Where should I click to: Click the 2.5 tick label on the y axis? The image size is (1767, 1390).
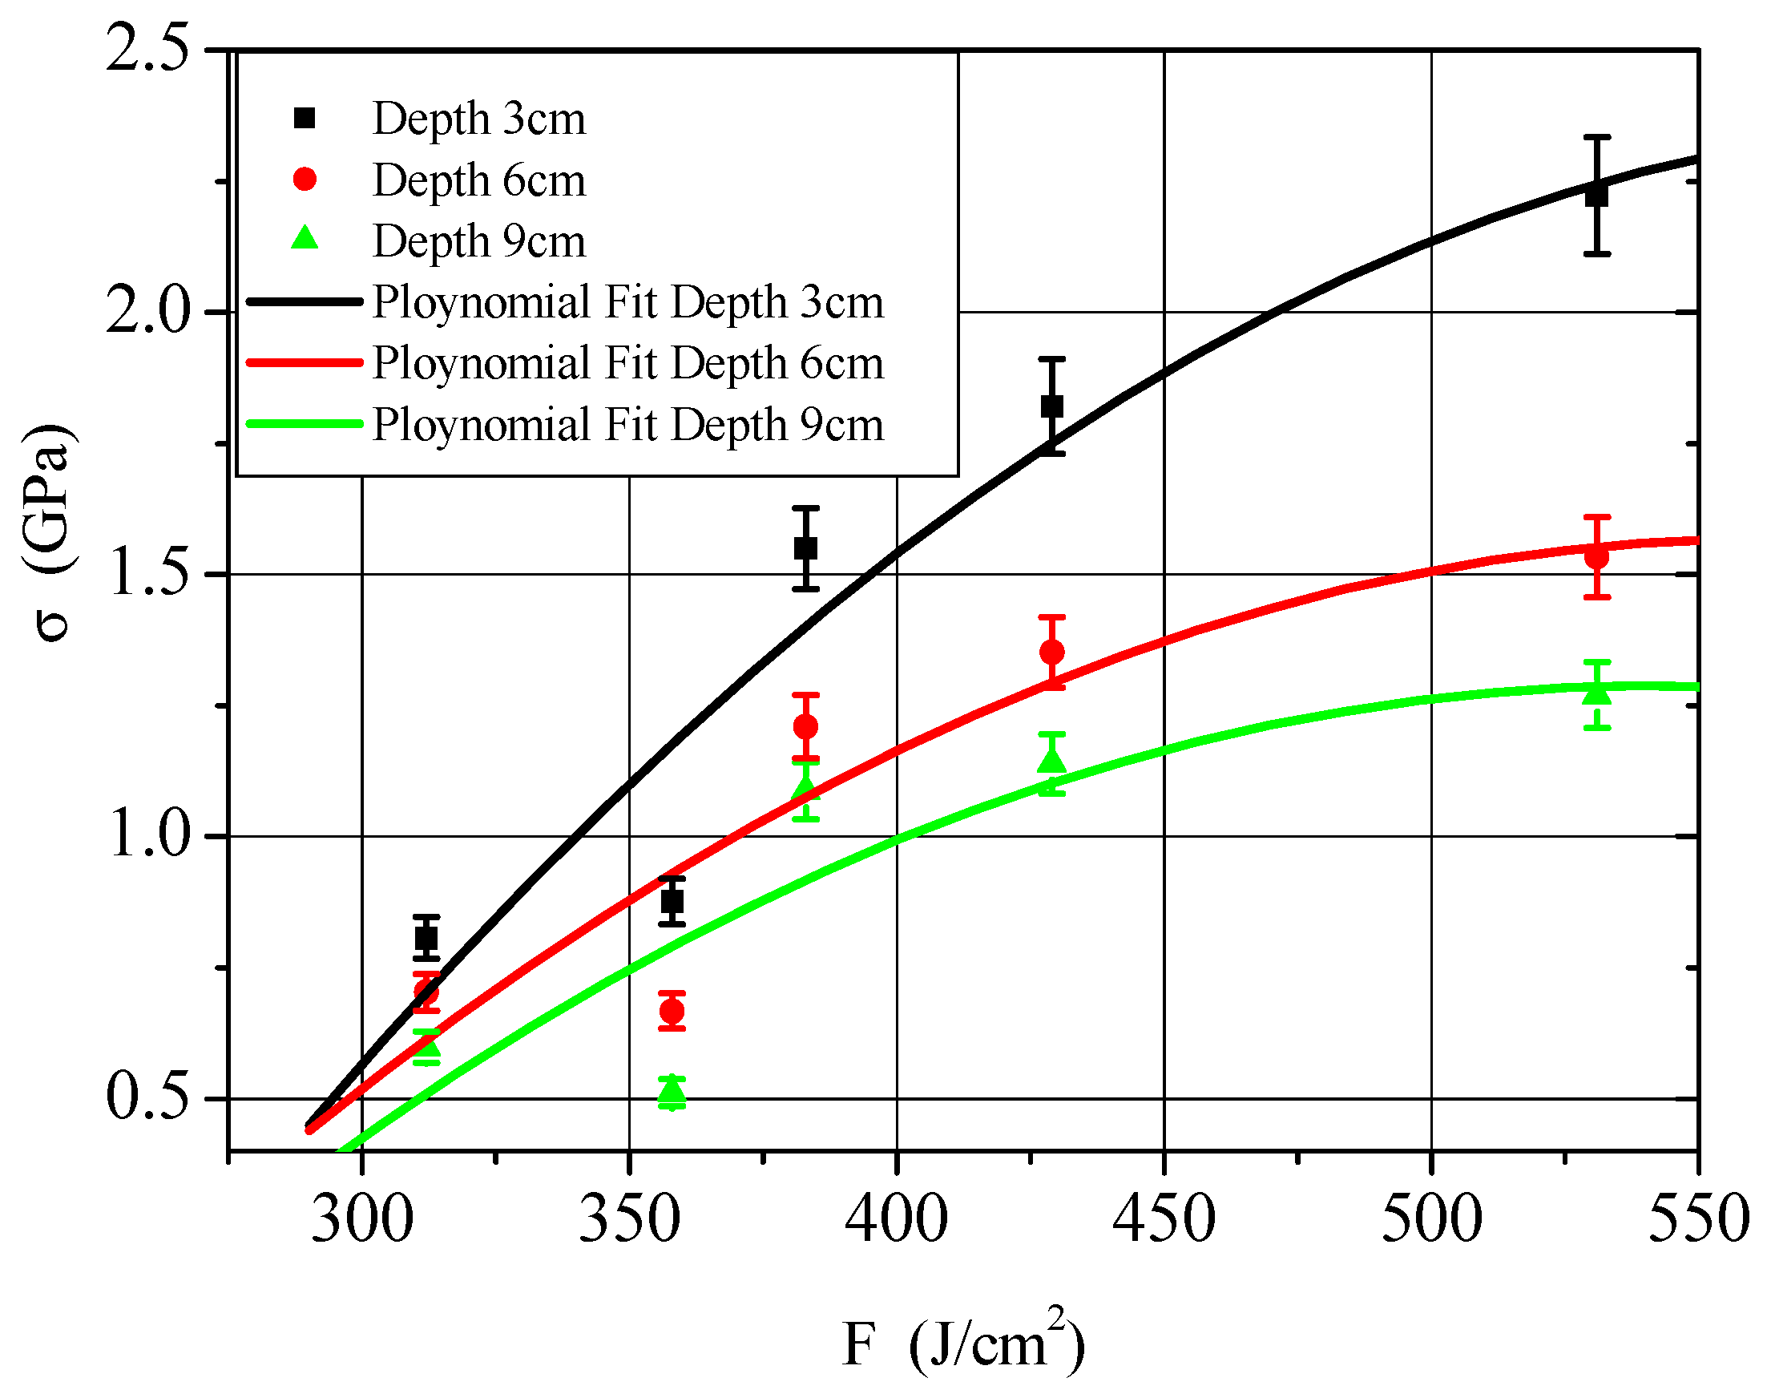[x=147, y=49]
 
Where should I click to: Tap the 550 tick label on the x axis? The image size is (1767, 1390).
[x=1698, y=1218]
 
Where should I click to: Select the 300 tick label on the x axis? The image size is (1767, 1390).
[x=362, y=1218]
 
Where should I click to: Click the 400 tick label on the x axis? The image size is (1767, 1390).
[x=896, y=1218]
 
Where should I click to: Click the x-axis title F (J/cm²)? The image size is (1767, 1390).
[x=963, y=1342]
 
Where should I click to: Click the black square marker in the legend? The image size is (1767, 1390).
[x=305, y=118]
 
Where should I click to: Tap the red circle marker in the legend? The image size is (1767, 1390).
[x=305, y=179]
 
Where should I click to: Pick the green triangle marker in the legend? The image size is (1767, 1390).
[x=305, y=238]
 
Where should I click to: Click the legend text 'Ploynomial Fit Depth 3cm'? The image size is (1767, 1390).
[x=627, y=302]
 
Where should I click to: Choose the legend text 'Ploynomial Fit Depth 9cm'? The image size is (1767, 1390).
[x=627, y=424]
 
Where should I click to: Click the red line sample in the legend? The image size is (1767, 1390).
[x=305, y=363]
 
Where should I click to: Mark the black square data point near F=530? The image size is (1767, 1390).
[x=1597, y=195]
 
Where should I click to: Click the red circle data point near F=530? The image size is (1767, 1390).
[x=1597, y=557]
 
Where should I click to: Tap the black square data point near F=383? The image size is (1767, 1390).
[x=805, y=548]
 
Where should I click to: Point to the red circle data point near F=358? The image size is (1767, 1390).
[x=672, y=1012]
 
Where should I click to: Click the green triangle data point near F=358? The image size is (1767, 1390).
[x=672, y=1093]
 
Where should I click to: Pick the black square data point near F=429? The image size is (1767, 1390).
[x=1052, y=406]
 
